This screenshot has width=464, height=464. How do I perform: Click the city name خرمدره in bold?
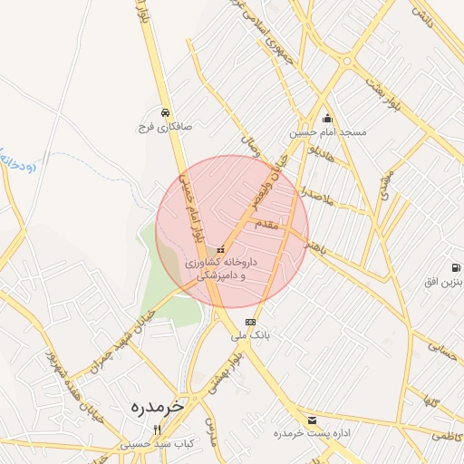tap(144, 406)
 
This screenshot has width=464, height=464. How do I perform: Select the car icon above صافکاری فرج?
tap(164, 112)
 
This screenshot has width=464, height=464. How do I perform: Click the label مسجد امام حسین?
tap(328, 132)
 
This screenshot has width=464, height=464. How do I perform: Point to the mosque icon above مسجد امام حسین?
tap(327, 117)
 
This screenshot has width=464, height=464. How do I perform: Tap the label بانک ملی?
tap(250, 336)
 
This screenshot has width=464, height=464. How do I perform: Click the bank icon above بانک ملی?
tap(250, 322)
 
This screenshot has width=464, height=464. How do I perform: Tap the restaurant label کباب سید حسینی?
tap(158, 445)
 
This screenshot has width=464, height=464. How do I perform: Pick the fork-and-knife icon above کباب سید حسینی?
tap(158, 430)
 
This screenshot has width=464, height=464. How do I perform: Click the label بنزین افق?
tap(444, 283)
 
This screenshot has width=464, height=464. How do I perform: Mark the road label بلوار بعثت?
tap(378, 85)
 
